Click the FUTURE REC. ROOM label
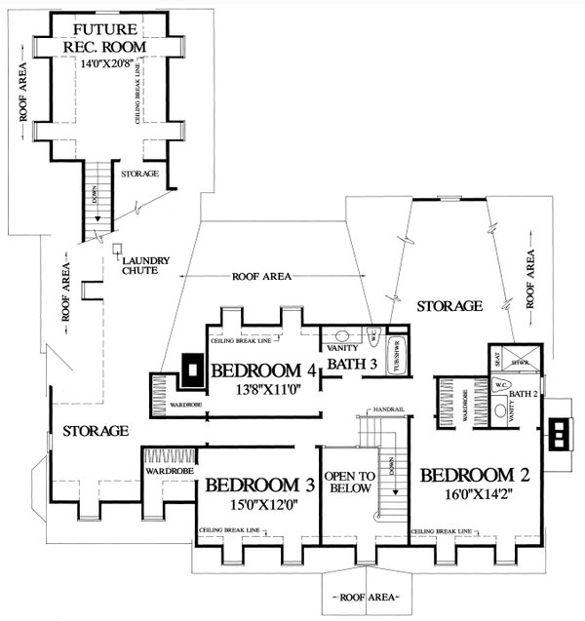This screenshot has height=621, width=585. [108, 38]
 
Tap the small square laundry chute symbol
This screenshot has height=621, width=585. [116, 249]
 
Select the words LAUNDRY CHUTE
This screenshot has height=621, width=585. [145, 266]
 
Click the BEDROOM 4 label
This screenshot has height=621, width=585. [263, 370]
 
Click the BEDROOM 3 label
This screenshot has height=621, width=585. [259, 485]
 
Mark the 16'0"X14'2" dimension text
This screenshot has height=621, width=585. [475, 495]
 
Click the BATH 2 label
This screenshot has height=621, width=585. [523, 393]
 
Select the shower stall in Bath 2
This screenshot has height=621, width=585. [514, 361]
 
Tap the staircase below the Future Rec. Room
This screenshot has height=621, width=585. [95, 200]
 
